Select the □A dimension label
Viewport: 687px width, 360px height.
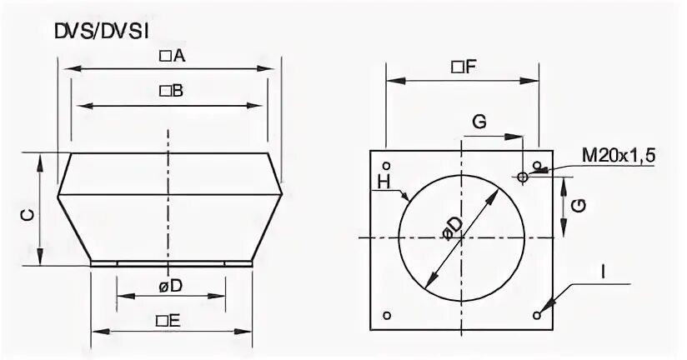pyautogui.click(x=171, y=56)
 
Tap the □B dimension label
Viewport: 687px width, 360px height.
pyautogui.click(x=171, y=90)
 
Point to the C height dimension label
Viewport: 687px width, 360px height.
pyautogui.click(x=28, y=214)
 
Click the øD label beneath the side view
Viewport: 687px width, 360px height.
pyautogui.click(x=171, y=285)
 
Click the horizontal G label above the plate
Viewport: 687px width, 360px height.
pyautogui.click(x=479, y=122)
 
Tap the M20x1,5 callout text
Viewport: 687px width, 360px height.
pyautogui.click(x=619, y=156)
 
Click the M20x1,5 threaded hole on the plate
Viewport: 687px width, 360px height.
pyautogui.click(x=522, y=177)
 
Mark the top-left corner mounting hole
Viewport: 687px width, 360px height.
pyautogui.click(x=386, y=163)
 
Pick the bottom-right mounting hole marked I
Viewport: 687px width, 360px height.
pyautogui.click(x=536, y=314)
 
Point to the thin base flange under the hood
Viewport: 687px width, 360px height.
pyautogui.click(x=171, y=263)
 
